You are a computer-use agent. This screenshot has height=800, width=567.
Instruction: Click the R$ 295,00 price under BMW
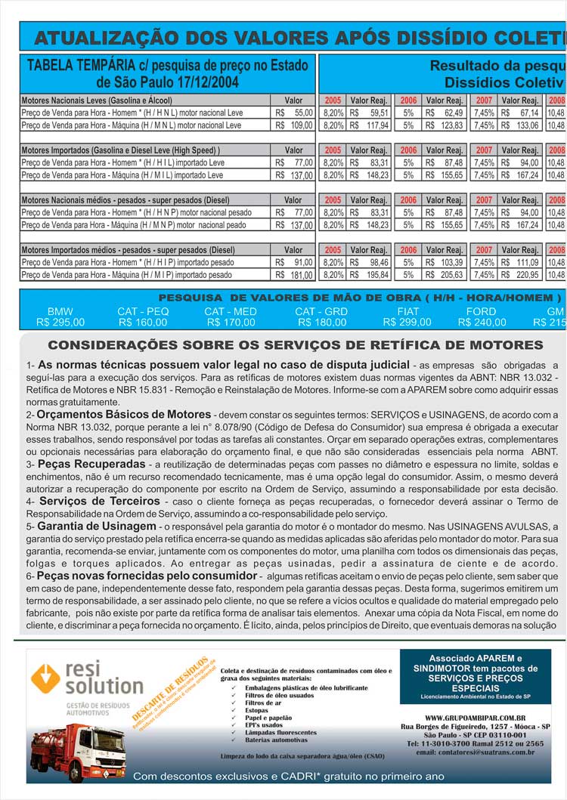tap(60, 323)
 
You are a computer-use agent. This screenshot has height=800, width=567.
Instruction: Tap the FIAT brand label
tap(408, 311)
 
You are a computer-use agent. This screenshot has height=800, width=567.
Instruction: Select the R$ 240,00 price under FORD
tap(482, 323)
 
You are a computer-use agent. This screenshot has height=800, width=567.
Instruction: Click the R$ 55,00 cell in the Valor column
tap(294, 113)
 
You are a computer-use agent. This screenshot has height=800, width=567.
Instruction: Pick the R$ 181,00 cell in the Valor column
tap(294, 275)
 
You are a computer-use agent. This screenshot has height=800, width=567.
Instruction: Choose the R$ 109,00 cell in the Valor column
tap(294, 125)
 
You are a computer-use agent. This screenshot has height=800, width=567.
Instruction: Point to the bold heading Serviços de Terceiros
tap(89, 501)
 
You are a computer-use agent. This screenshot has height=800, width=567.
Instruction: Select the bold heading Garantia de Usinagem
tap(98, 526)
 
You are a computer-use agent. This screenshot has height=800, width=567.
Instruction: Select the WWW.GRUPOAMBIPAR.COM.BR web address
tap(476, 718)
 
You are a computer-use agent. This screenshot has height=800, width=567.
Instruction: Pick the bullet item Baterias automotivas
tap(271, 740)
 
